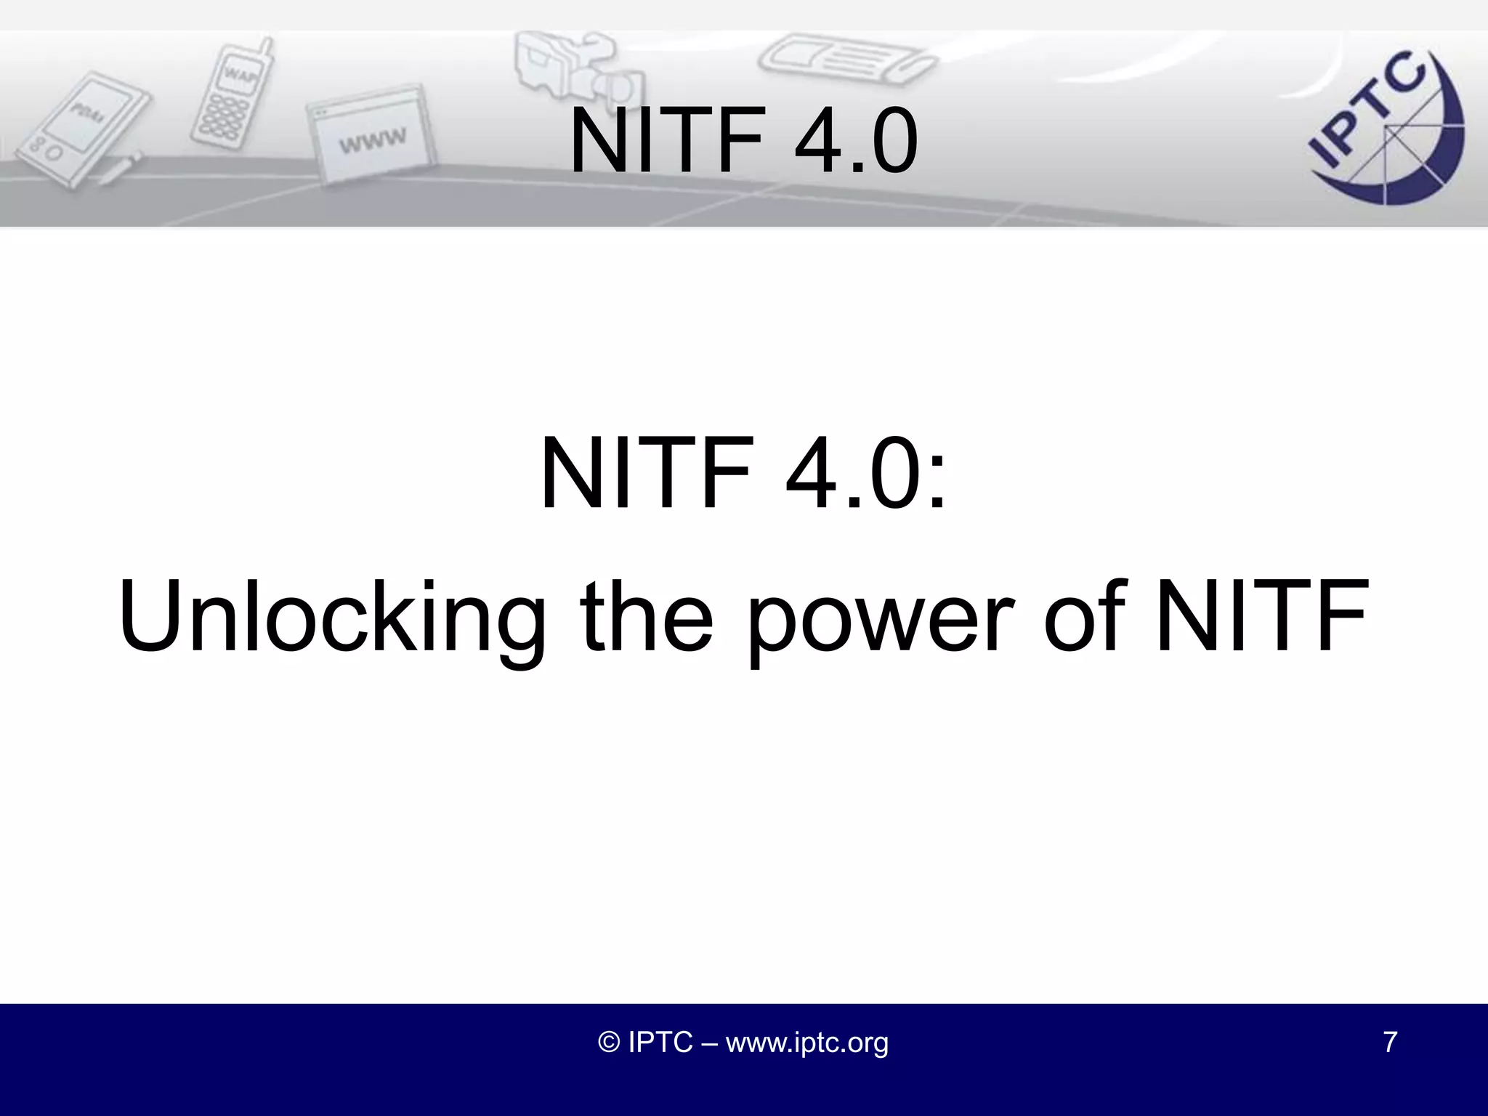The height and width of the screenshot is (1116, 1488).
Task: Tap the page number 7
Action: pyautogui.click(x=1390, y=1042)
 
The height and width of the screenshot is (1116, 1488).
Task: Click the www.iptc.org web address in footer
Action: pyautogui.click(x=806, y=1042)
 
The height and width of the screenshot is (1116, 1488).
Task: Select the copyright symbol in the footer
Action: pyautogui.click(x=608, y=1042)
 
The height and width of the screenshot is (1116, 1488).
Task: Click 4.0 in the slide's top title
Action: pyautogui.click(x=856, y=139)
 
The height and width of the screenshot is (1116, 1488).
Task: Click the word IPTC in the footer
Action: pyautogui.click(x=660, y=1042)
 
